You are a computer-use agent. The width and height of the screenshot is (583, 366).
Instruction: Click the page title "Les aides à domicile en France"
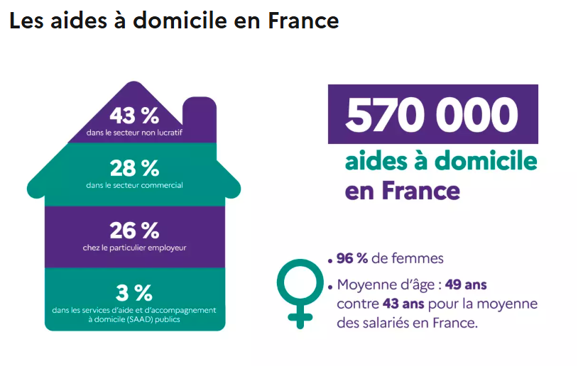coord(174,21)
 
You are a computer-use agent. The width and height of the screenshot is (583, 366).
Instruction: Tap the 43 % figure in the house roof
coord(134,114)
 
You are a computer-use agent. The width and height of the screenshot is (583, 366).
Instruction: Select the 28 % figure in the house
coord(134,168)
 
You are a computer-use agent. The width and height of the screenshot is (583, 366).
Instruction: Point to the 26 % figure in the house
coord(134,230)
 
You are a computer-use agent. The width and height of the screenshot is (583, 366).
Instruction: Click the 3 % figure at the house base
coord(134,292)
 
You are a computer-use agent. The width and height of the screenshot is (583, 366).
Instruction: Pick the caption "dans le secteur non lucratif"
coord(134,132)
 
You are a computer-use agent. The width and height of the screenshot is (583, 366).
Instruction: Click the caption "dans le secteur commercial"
coord(134,185)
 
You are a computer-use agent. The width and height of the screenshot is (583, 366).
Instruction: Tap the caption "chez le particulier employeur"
coord(134,248)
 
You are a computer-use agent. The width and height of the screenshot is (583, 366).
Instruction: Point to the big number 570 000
coord(432,114)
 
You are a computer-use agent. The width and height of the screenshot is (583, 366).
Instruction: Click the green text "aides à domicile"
coord(440,161)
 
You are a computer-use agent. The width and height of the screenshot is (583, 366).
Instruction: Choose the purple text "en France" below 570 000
coord(402,190)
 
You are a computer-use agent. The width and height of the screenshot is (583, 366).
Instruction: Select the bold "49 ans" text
coord(465,285)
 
